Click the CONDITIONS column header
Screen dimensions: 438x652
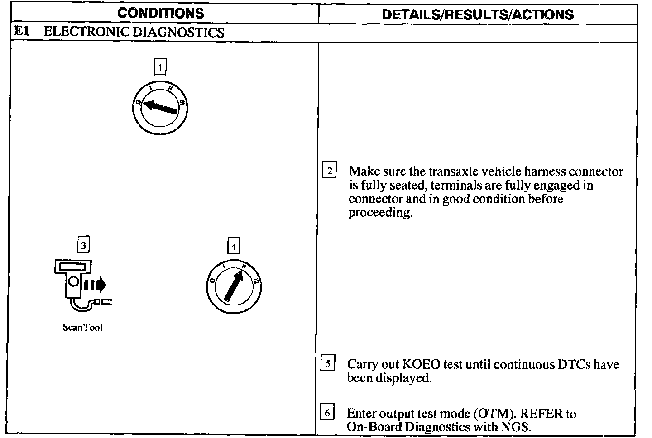161,13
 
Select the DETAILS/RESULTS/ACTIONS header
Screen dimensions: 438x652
478,14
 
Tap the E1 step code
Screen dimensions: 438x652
22,32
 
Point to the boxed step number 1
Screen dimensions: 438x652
160,67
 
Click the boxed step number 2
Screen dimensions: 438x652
329,171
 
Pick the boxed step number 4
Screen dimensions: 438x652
233,247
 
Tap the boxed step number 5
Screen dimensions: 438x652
327,364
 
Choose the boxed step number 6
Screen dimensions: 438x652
327,413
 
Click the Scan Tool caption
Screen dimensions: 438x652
82,328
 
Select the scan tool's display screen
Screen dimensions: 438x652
72,267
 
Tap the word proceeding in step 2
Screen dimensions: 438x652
380,213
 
